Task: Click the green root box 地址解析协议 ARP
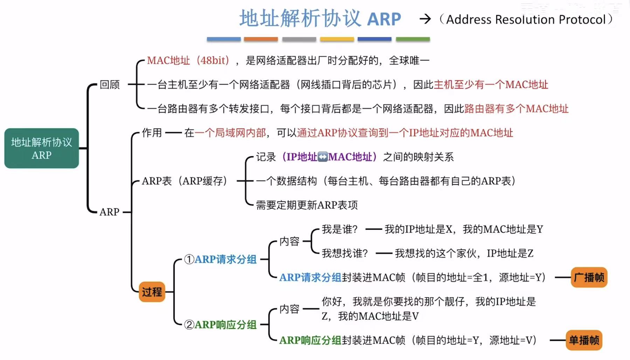(41, 148)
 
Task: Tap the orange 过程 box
(152, 291)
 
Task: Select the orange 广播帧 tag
(589, 277)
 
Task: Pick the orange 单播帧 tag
(584, 340)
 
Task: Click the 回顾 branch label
(110, 84)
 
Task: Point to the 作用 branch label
(152, 133)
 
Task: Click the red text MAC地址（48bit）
(188, 61)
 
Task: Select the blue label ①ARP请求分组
(221, 259)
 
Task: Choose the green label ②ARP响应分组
(221, 325)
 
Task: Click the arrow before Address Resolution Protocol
(425, 19)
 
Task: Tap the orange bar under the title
(261, 39)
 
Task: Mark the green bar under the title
(413, 39)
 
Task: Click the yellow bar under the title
(337, 39)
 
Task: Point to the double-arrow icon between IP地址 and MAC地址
(323, 157)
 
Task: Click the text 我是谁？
(339, 229)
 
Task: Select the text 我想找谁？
(345, 253)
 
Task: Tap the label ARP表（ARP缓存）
(185, 181)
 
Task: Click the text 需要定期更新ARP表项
(307, 205)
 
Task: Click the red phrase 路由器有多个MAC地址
(516, 109)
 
